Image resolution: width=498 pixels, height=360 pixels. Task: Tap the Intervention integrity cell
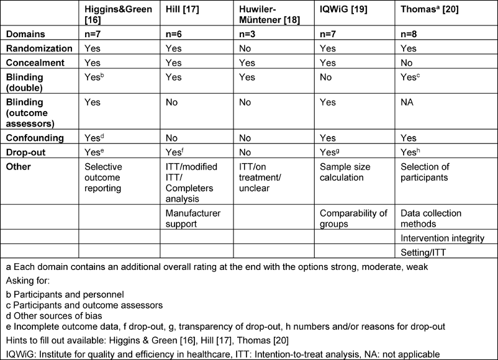click(x=441, y=238)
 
